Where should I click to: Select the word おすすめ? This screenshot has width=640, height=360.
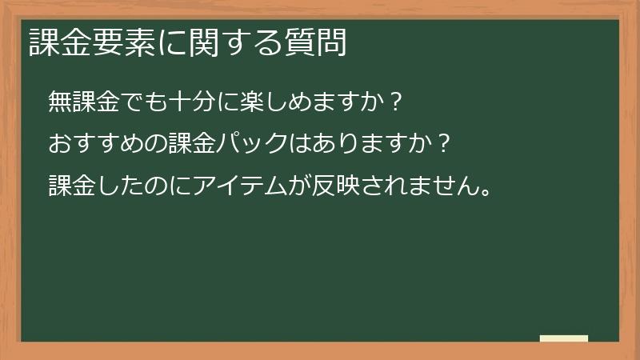pyautogui.click(x=96, y=145)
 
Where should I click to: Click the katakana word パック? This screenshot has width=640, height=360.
pyautogui.click(x=251, y=145)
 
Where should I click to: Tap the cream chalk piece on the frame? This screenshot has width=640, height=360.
pyautogui.click(x=564, y=338)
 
